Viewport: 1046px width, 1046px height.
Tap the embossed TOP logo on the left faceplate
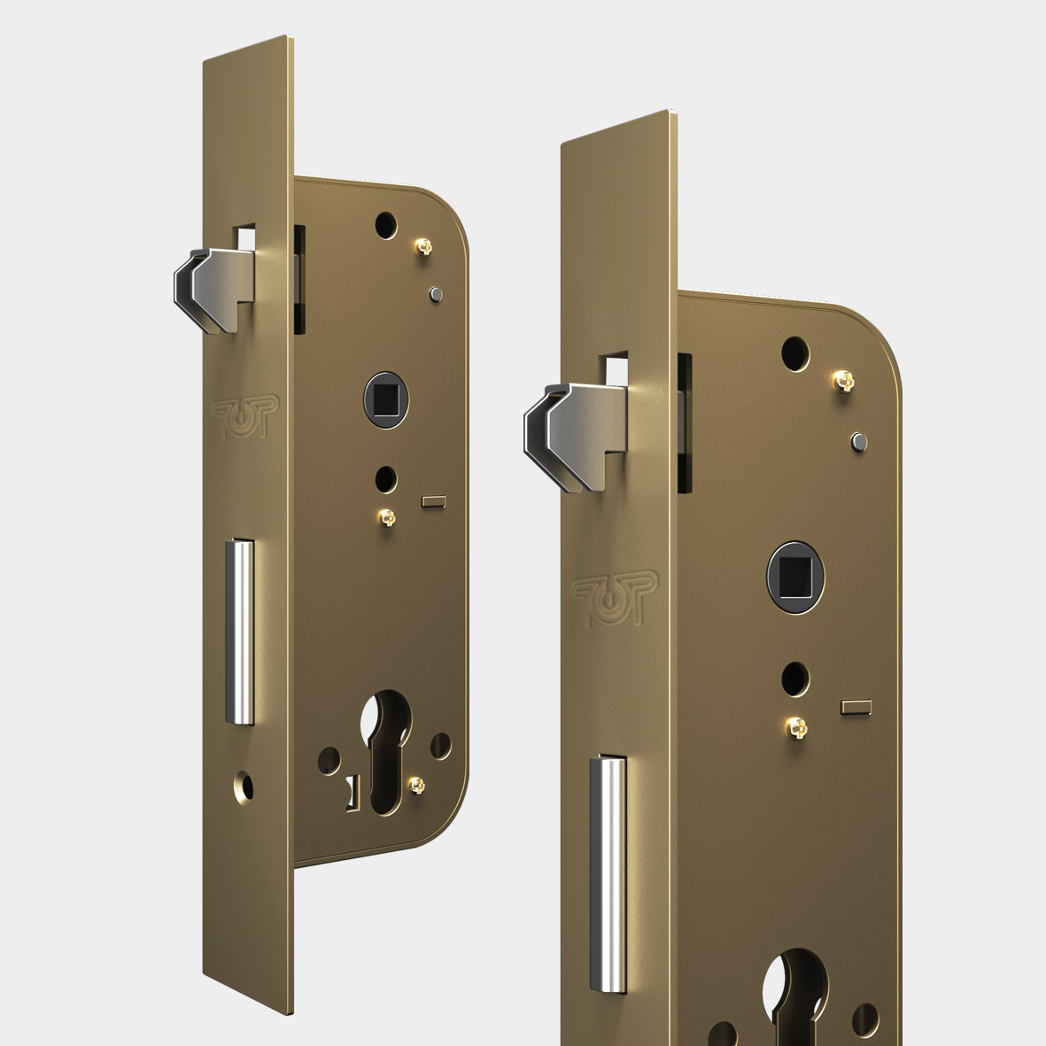(244, 416)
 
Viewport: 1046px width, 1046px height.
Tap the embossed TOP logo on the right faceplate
(615, 599)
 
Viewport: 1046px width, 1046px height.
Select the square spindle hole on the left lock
(386, 399)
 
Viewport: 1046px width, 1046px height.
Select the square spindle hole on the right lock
(795, 577)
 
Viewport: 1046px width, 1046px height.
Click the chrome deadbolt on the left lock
(239, 631)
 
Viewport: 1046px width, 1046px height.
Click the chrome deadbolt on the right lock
(608, 874)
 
